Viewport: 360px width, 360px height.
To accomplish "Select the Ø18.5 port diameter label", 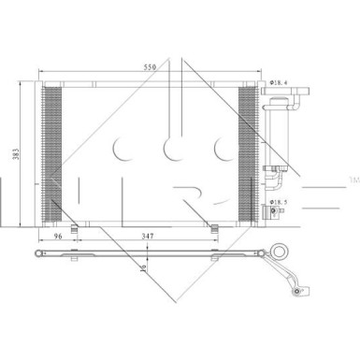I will [x=279, y=201].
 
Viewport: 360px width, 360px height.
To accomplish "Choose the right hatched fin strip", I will [x=248, y=154].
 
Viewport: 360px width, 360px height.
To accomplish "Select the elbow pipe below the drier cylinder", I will [x=276, y=172].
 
